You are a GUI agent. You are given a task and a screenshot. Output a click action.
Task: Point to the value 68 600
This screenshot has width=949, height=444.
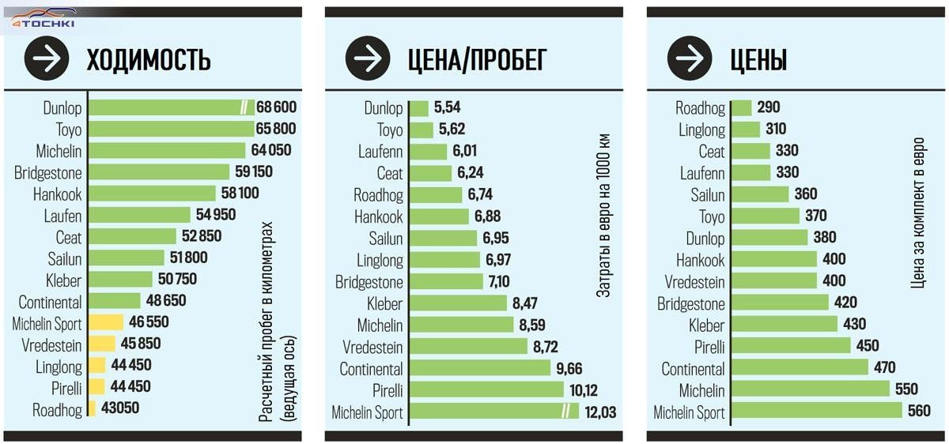tap(276, 107)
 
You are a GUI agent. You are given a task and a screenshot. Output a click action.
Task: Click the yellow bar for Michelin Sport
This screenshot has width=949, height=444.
tap(106, 322)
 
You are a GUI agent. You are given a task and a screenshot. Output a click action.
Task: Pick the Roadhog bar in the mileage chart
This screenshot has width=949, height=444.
tap(92, 408)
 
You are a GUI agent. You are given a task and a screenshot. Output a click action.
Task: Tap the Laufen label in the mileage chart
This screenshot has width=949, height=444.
tap(63, 215)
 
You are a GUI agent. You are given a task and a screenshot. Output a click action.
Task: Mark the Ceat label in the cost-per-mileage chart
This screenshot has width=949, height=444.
tap(390, 173)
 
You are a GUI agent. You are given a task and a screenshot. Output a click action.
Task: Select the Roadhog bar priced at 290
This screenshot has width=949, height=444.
tap(741, 108)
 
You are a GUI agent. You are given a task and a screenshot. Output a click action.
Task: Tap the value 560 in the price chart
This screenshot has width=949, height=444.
tap(921, 411)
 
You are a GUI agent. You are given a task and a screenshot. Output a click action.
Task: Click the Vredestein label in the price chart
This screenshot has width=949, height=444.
tap(694, 280)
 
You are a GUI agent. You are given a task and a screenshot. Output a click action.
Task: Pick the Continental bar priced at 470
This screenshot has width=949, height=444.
tap(800, 367)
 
